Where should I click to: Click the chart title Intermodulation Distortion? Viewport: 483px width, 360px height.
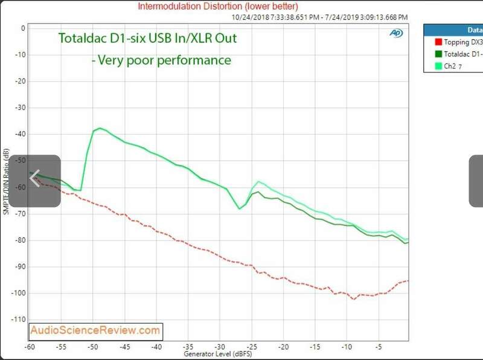(x=217, y=7)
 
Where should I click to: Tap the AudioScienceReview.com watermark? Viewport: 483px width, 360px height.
(x=96, y=330)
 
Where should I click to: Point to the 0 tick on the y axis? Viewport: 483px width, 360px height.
(x=22, y=28)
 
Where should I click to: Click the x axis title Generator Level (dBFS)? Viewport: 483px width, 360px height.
(x=218, y=355)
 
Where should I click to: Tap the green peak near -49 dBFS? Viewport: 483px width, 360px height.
(x=100, y=128)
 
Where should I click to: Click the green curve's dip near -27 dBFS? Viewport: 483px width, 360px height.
(x=240, y=208)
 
